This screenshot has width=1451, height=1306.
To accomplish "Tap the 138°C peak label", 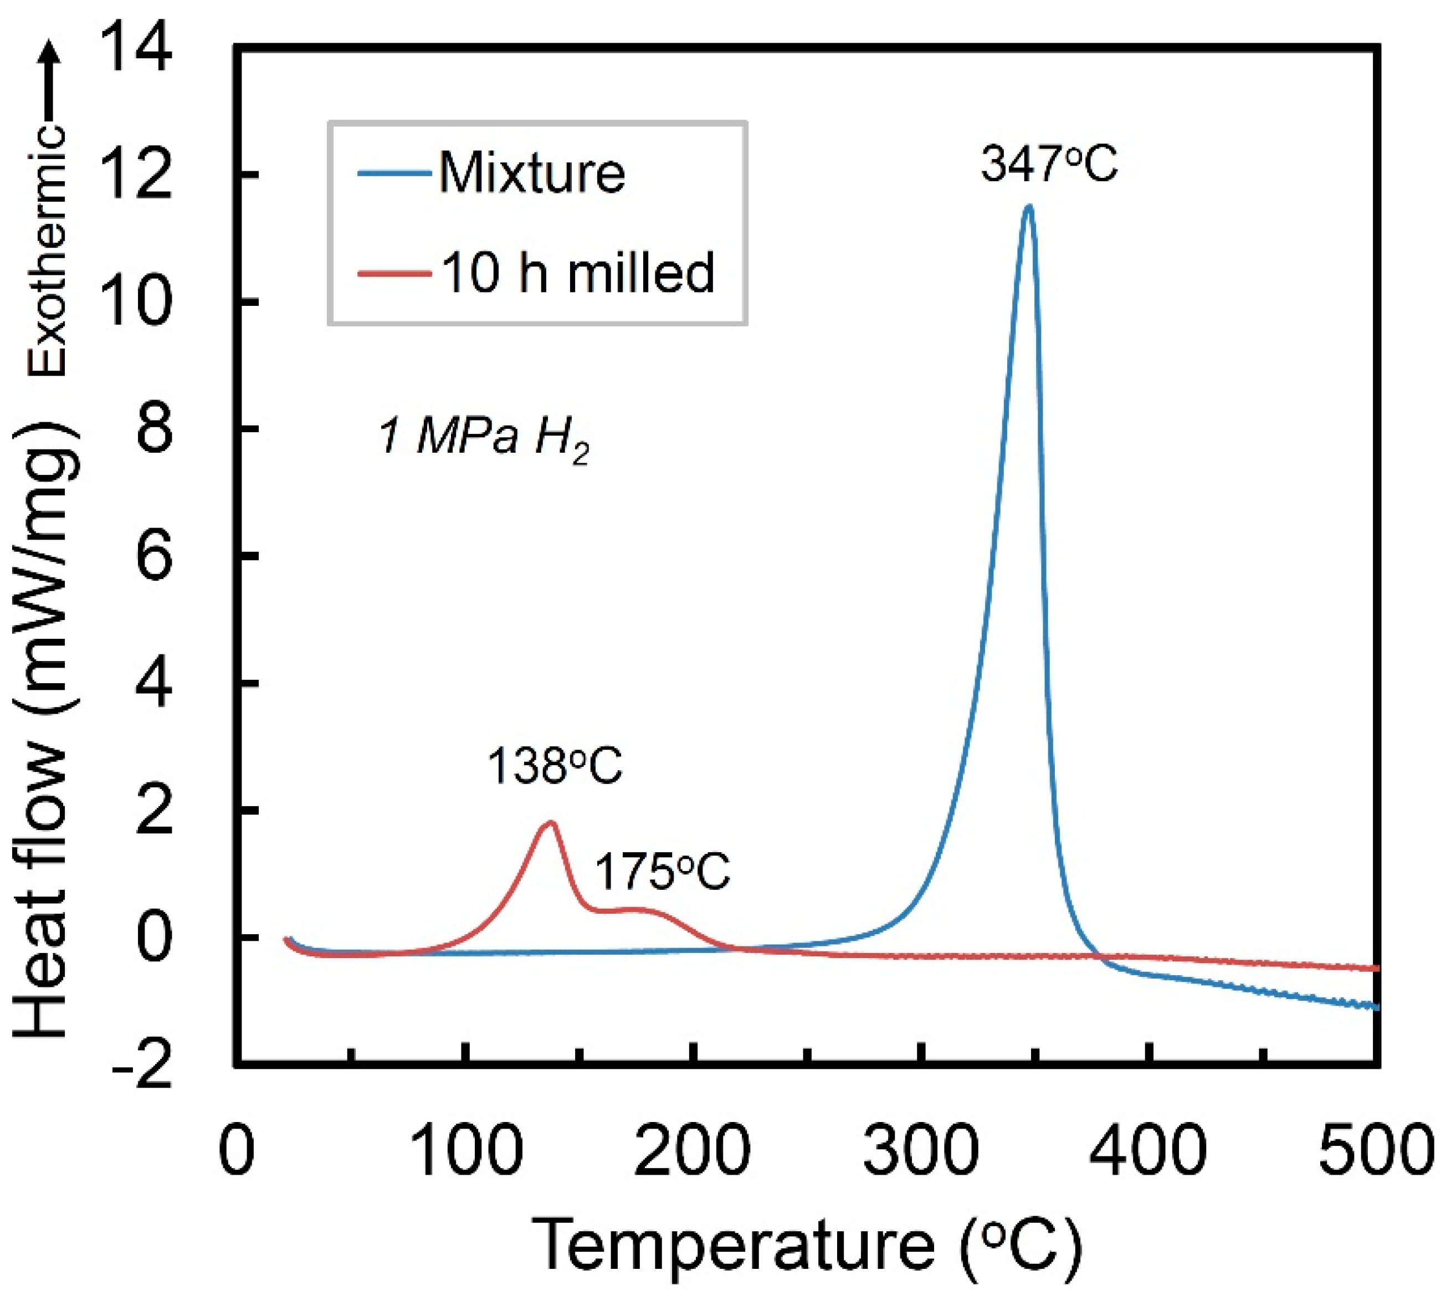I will (555, 766).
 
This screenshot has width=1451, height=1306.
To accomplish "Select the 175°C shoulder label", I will (662, 873).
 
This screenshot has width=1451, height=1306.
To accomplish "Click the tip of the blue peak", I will (1029, 207).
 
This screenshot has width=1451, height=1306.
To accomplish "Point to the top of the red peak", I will (551, 822).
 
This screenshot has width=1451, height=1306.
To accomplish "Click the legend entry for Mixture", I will (531, 173).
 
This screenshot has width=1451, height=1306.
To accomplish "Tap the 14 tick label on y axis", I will (136, 49).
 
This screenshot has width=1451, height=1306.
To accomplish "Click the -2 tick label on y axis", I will (142, 1065).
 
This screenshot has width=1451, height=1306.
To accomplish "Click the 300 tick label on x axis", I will (920, 1150).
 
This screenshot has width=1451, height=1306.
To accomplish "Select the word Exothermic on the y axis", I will (47, 251).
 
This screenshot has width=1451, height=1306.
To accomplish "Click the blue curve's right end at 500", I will (1376, 1007).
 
